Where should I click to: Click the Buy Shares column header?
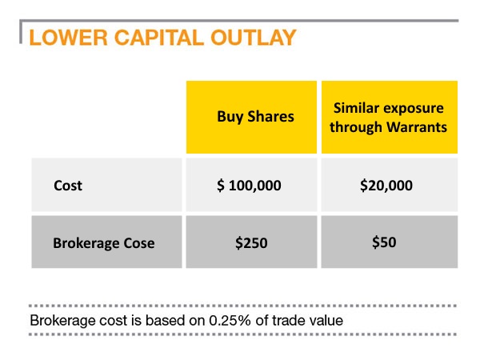(x=255, y=116)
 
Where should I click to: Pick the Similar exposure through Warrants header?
(x=390, y=116)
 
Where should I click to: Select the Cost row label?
(x=68, y=186)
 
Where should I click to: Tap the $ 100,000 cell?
(x=255, y=186)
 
